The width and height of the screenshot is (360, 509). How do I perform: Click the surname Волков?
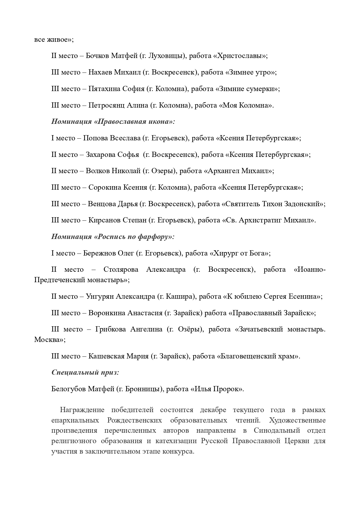click(x=97, y=171)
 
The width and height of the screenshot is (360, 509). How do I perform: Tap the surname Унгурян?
click(x=100, y=297)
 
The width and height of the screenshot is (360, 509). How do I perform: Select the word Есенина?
click(x=307, y=297)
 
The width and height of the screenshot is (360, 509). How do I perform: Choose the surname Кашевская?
click(x=106, y=356)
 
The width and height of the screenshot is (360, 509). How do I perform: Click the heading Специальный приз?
click(x=85, y=372)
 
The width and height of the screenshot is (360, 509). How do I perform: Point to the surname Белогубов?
click(x=68, y=389)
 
